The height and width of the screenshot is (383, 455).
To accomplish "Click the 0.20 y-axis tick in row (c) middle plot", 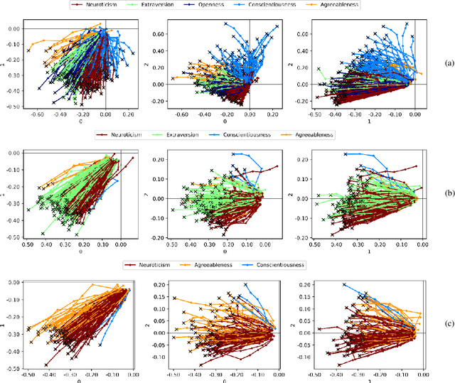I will (x=160, y=284).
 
